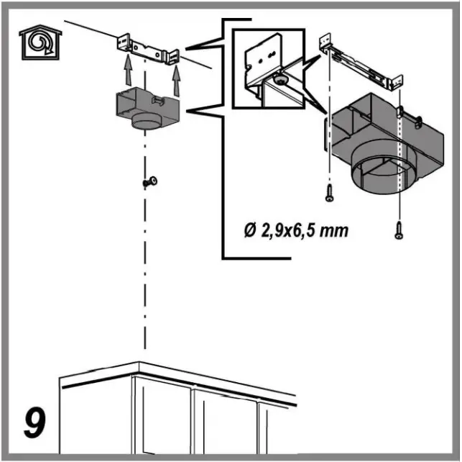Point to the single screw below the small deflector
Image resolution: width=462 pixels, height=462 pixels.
click(x=151, y=182)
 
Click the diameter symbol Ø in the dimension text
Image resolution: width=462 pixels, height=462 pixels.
click(x=249, y=232)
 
